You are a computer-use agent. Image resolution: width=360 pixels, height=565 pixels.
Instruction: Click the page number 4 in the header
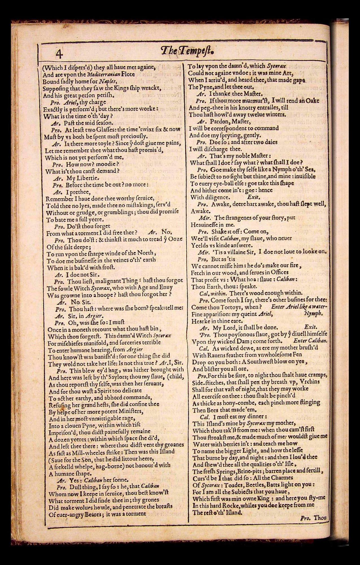pyautogui.click(x=58, y=53)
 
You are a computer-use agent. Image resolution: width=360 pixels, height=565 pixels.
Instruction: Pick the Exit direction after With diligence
pyautogui.click(x=253, y=197)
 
